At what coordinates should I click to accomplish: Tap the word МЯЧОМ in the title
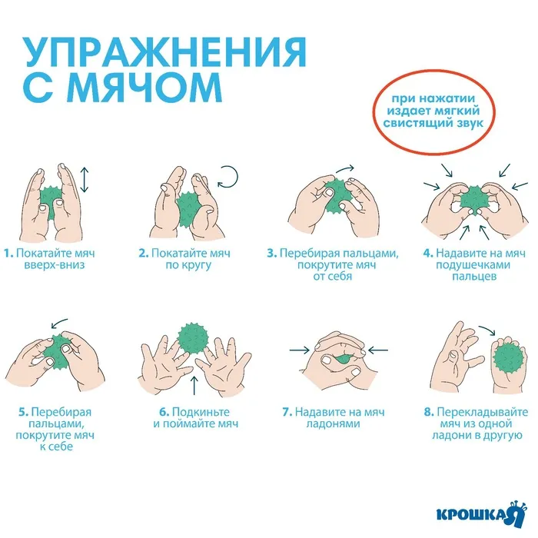point(147,87)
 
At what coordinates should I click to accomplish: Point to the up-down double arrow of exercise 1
point(85,180)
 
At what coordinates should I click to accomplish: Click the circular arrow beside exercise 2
point(228,177)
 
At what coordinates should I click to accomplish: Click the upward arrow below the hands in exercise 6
point(194,385)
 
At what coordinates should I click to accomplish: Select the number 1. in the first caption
point(8,253)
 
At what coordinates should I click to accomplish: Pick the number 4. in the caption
point(428,253)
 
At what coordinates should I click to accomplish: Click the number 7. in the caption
point(287,412)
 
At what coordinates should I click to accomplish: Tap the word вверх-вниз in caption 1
point(55,265)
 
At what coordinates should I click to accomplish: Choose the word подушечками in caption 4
point(473,265)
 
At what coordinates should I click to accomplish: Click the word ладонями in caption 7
point(333,423)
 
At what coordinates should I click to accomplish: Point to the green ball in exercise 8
point(510,359)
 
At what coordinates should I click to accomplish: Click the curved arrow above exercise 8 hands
point(487,330)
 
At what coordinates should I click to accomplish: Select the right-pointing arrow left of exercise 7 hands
point(299,350)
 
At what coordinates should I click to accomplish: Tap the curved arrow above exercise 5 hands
point(59,323)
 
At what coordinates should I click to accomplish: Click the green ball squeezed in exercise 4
point(474,200)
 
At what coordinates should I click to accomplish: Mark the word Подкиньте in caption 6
point(201,412)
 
